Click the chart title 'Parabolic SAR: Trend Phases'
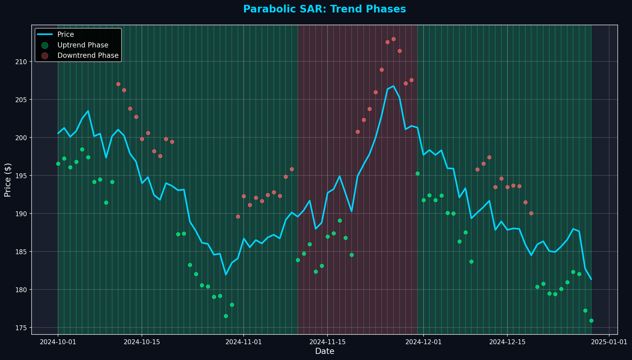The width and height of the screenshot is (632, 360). pos(325,9)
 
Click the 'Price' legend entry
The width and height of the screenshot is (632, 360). pos(66,35)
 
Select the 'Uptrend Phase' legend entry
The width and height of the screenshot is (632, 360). pos(83,45)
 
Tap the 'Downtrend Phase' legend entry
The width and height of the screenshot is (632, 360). pos(88,56)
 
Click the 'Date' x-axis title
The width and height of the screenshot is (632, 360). pos(325,351)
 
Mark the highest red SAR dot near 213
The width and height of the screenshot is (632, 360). pos(393,39)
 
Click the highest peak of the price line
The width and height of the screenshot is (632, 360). pos(393,86)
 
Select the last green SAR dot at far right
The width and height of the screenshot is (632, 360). pos(591,320)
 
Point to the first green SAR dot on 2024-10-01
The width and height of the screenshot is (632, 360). pos(58,164)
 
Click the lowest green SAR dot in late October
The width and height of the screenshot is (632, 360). pos(226,316)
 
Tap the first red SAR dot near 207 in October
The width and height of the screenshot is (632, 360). pos(118,84)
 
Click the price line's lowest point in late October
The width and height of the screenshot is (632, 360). pos(226,275)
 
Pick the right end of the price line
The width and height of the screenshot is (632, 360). pos(591,279)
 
